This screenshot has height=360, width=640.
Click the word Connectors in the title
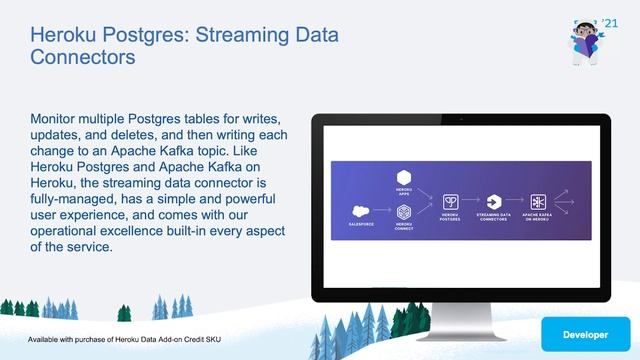pyautogui.click(x=83, y=58)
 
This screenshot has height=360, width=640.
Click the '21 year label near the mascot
pyautogui.click(x=611, y=22)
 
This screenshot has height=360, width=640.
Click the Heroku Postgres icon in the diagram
pyautogui.click(x=451, y=202)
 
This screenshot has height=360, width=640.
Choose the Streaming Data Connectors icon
pyautogui.click(x=493, y=202)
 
